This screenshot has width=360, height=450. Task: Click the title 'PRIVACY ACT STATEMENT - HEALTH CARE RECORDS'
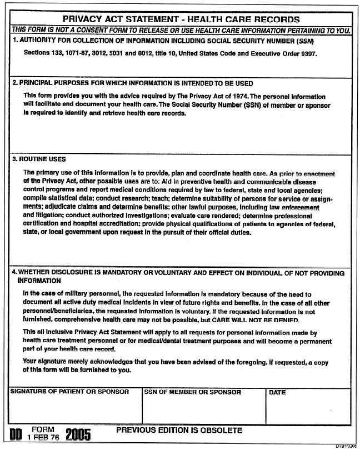tap(181, 20)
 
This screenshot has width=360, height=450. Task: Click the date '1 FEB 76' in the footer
tap(43, 438)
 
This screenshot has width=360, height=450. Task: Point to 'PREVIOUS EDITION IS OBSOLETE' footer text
tap(179, 431)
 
